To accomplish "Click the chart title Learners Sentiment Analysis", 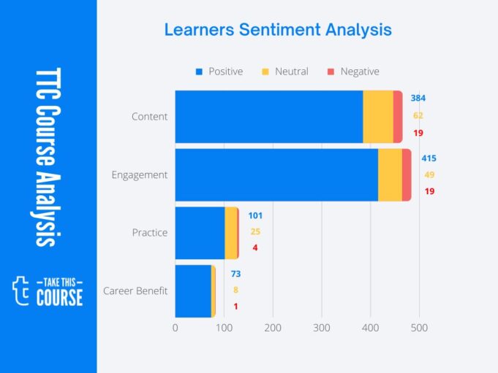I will [277, 30].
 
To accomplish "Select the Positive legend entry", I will [219, 72].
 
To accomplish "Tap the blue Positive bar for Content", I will [268, 117].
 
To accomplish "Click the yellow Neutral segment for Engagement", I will [390, 175].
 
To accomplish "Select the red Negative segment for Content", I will [398, 117].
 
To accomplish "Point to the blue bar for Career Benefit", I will [193, 291].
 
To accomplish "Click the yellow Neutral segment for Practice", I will [230, 233].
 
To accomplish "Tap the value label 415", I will [429, 158].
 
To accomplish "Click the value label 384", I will [418, 98].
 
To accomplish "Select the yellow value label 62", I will [418, 115].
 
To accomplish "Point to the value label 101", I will [254, 215].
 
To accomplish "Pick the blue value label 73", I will [235, 274].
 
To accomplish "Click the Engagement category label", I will [139, 175].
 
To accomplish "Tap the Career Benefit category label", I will [135, 291].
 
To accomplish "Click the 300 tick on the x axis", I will [322, 328].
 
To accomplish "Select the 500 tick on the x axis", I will [419, 328].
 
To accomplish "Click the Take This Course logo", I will [48, 291].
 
